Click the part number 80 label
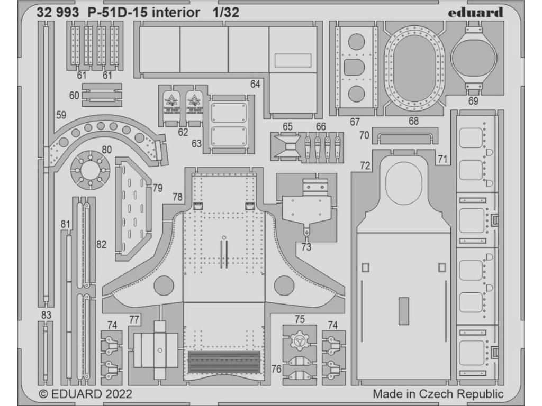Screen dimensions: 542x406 (106, 150)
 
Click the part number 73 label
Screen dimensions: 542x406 (306, 246)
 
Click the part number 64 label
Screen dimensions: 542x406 (256, 84)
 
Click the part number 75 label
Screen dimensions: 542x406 (300, 319)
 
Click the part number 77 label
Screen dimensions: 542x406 (134, 319)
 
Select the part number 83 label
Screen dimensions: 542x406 (47, 315)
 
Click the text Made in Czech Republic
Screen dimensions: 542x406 (438, 394)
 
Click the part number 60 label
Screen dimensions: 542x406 (74, 95)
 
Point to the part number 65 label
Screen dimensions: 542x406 (287, 126)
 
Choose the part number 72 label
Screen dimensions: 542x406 (365, 166)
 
